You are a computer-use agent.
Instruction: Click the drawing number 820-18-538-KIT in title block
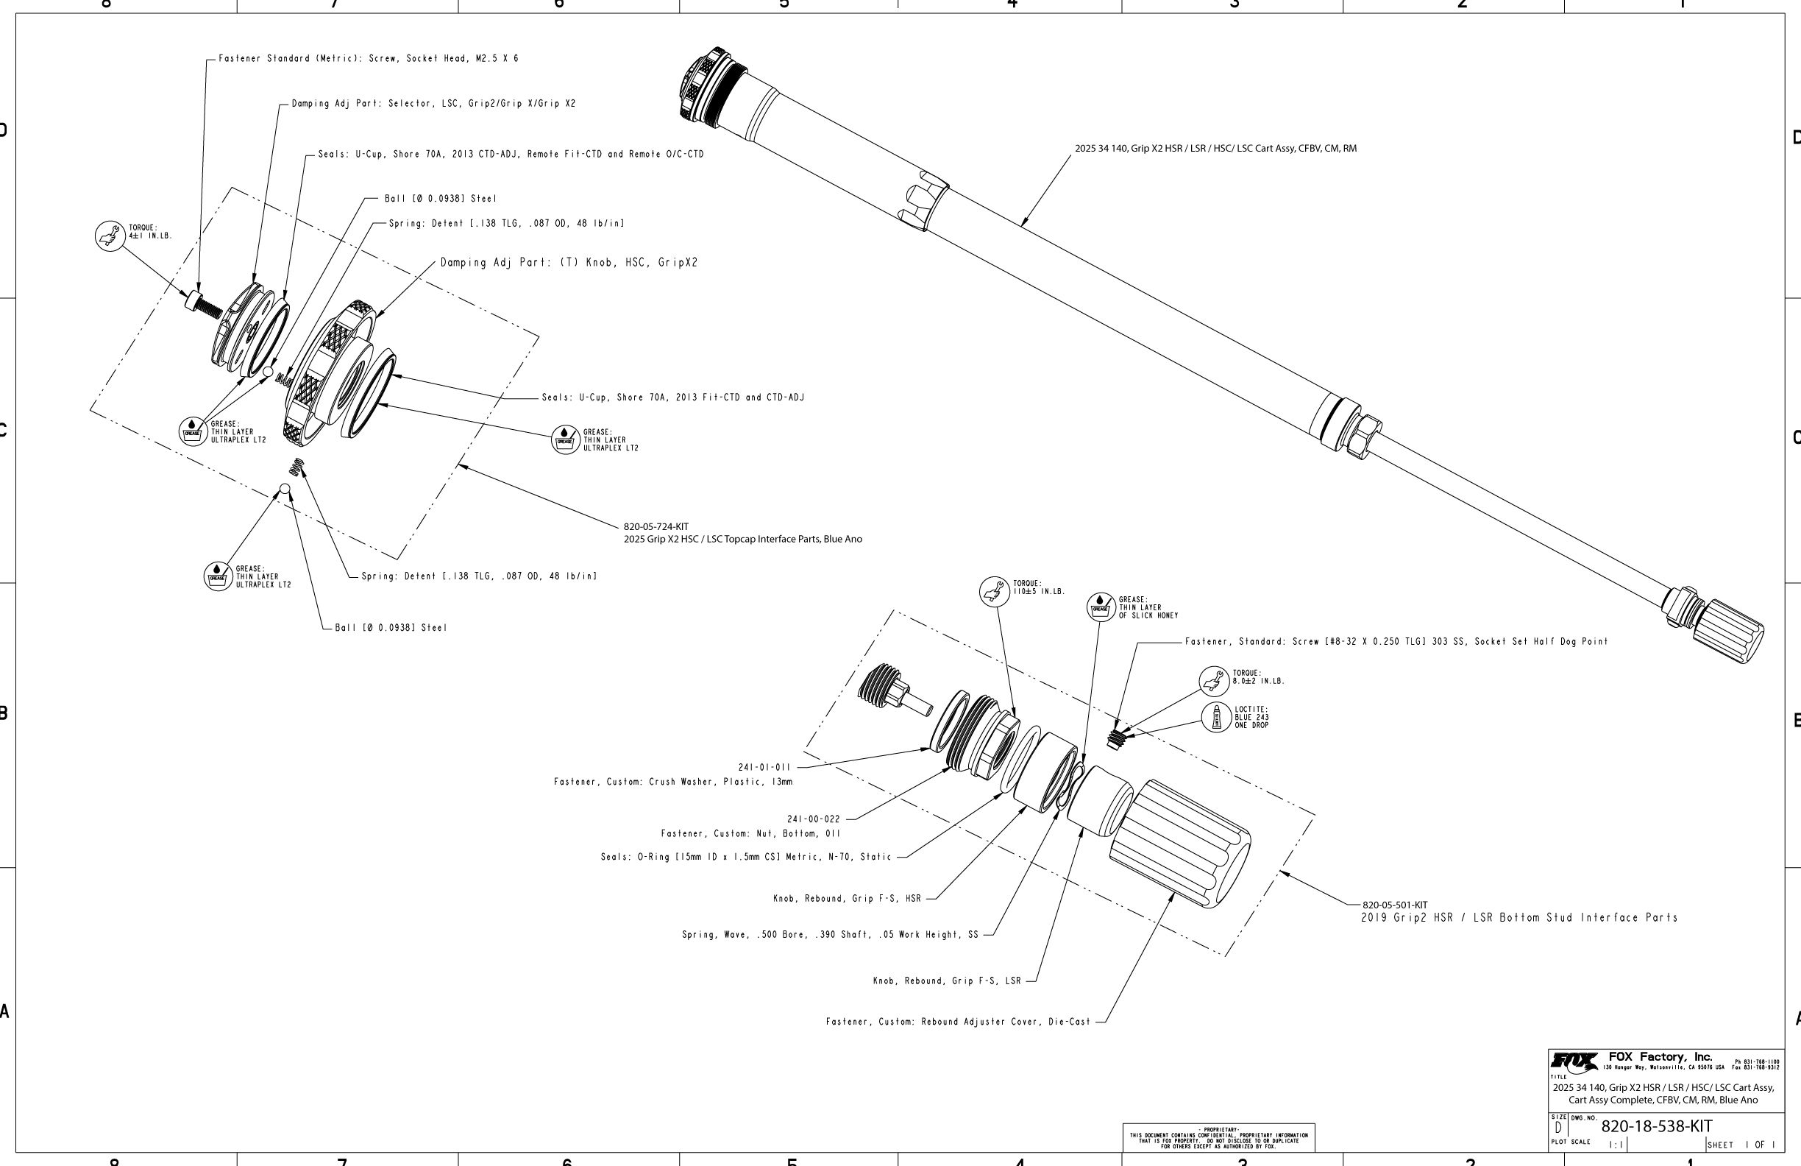tap(1656, 1126)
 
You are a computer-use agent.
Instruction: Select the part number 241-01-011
tap(764, 767)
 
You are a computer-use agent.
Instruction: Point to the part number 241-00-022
tap(814, 819)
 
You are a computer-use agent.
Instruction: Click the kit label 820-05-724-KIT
tap(656, 526)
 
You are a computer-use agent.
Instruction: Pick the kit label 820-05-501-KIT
tap(1395, 905)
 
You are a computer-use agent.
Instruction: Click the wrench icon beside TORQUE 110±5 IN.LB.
tap(995, 591)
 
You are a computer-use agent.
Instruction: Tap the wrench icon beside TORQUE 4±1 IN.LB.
tap(110, 236)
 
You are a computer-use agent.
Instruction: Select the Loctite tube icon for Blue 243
tap(1217, 717)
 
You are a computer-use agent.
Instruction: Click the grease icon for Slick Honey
tap(1101, 607)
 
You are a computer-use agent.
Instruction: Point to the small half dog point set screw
tap(1114, 739)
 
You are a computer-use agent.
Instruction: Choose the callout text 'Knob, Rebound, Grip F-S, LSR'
tap(947, 981)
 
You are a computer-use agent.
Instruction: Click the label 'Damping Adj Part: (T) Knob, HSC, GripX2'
tap(569, 263)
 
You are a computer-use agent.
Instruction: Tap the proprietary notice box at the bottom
tap(1218, 1138)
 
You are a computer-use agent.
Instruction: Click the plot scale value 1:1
tap(1616, 1145)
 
